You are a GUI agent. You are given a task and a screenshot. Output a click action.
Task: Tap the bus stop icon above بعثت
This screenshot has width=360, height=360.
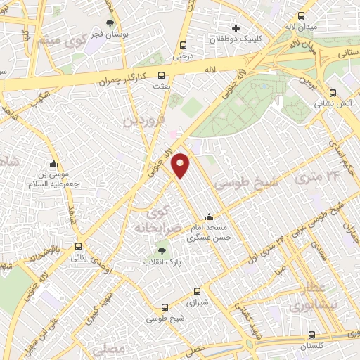pyautogui.click(x=162, y=75)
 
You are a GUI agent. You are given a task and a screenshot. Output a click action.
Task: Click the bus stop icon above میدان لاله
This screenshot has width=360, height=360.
pyautogui.click(x=302, y=16)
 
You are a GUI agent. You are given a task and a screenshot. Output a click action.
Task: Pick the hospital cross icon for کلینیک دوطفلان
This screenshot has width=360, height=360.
pyautogui.click(x=236, y=29)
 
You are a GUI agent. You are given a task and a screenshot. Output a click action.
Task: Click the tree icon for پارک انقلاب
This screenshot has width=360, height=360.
pyautogui.click(x=162, y=250)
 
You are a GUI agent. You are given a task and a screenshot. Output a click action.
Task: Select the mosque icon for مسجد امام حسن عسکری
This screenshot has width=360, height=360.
pyautogui.click(x=209, y=217)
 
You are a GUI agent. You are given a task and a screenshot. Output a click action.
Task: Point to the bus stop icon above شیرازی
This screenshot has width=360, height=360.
pyautogui.click(x=198, y=290)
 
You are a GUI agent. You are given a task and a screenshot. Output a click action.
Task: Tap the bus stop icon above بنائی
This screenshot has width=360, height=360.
pyautogui.click(x=77, y=247)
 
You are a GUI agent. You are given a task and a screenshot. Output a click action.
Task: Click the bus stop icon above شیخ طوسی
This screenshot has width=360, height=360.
pyautogui.click(x=165, y=307)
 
